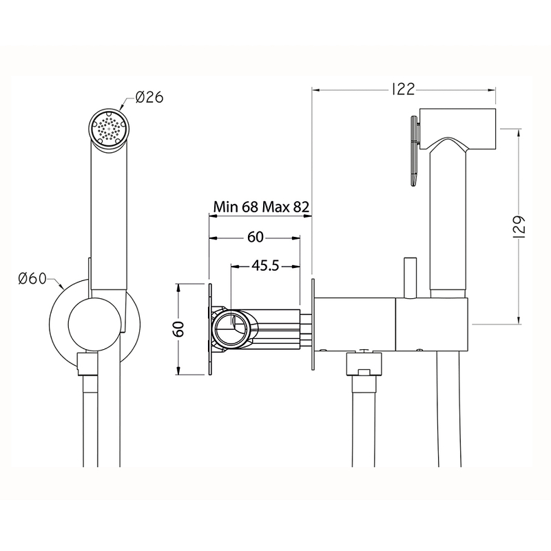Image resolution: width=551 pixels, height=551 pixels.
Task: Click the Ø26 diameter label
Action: point(149,97)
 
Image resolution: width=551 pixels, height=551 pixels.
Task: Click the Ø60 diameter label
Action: point(32,279)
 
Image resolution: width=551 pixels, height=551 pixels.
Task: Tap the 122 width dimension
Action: point(403,90)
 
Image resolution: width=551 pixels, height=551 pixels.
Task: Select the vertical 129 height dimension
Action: point(519,227)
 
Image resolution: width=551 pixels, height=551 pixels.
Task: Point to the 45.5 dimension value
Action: point(265,266)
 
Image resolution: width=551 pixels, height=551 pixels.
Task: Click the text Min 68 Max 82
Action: point(262,207)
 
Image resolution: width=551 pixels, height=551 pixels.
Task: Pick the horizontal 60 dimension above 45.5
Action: point(256,237)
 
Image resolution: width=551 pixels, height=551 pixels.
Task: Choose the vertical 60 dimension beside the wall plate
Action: point(180,329)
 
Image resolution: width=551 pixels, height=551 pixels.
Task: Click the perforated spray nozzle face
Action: point(109,127)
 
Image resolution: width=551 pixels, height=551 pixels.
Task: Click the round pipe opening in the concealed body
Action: point(232,328)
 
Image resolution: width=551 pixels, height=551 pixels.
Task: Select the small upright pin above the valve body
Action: point(410,278)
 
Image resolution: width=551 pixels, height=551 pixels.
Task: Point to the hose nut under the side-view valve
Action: point(364,364)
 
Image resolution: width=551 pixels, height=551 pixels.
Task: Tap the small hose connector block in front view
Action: point(87,364)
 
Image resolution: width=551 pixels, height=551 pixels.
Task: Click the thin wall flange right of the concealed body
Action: point(313,324)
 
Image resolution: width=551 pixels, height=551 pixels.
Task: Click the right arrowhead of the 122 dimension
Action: point(492,90)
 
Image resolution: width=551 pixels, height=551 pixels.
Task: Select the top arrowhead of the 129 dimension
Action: point(519,133)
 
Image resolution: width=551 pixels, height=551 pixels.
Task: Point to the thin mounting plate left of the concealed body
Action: point(210,329)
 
